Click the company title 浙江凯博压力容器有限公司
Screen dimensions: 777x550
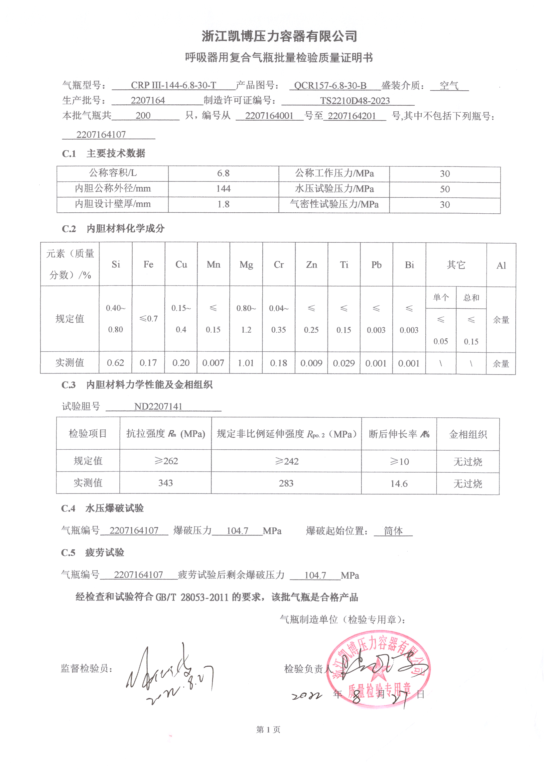(279, 37)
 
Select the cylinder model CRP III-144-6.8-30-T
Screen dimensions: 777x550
(173, 85)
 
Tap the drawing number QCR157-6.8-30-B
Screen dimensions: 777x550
(330, 86)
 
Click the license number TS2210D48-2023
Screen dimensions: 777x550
(355, 101)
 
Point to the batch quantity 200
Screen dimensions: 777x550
(143, 116)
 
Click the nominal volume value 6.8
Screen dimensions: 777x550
(223, 173)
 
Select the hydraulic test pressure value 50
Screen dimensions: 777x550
(445, 189)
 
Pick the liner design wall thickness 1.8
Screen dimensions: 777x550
(223, 204)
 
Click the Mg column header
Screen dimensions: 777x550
(246, 265)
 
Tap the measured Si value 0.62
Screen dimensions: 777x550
(115, 363)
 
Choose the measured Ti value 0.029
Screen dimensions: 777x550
(344, 364)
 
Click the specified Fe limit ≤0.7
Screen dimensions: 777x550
(149, 318)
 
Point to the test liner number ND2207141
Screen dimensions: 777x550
(158, 406)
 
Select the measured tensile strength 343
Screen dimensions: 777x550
(166, 483)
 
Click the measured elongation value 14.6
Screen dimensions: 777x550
(399, 484)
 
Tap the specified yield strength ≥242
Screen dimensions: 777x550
(287, 461)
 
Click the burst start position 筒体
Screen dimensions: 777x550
(393, 531)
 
